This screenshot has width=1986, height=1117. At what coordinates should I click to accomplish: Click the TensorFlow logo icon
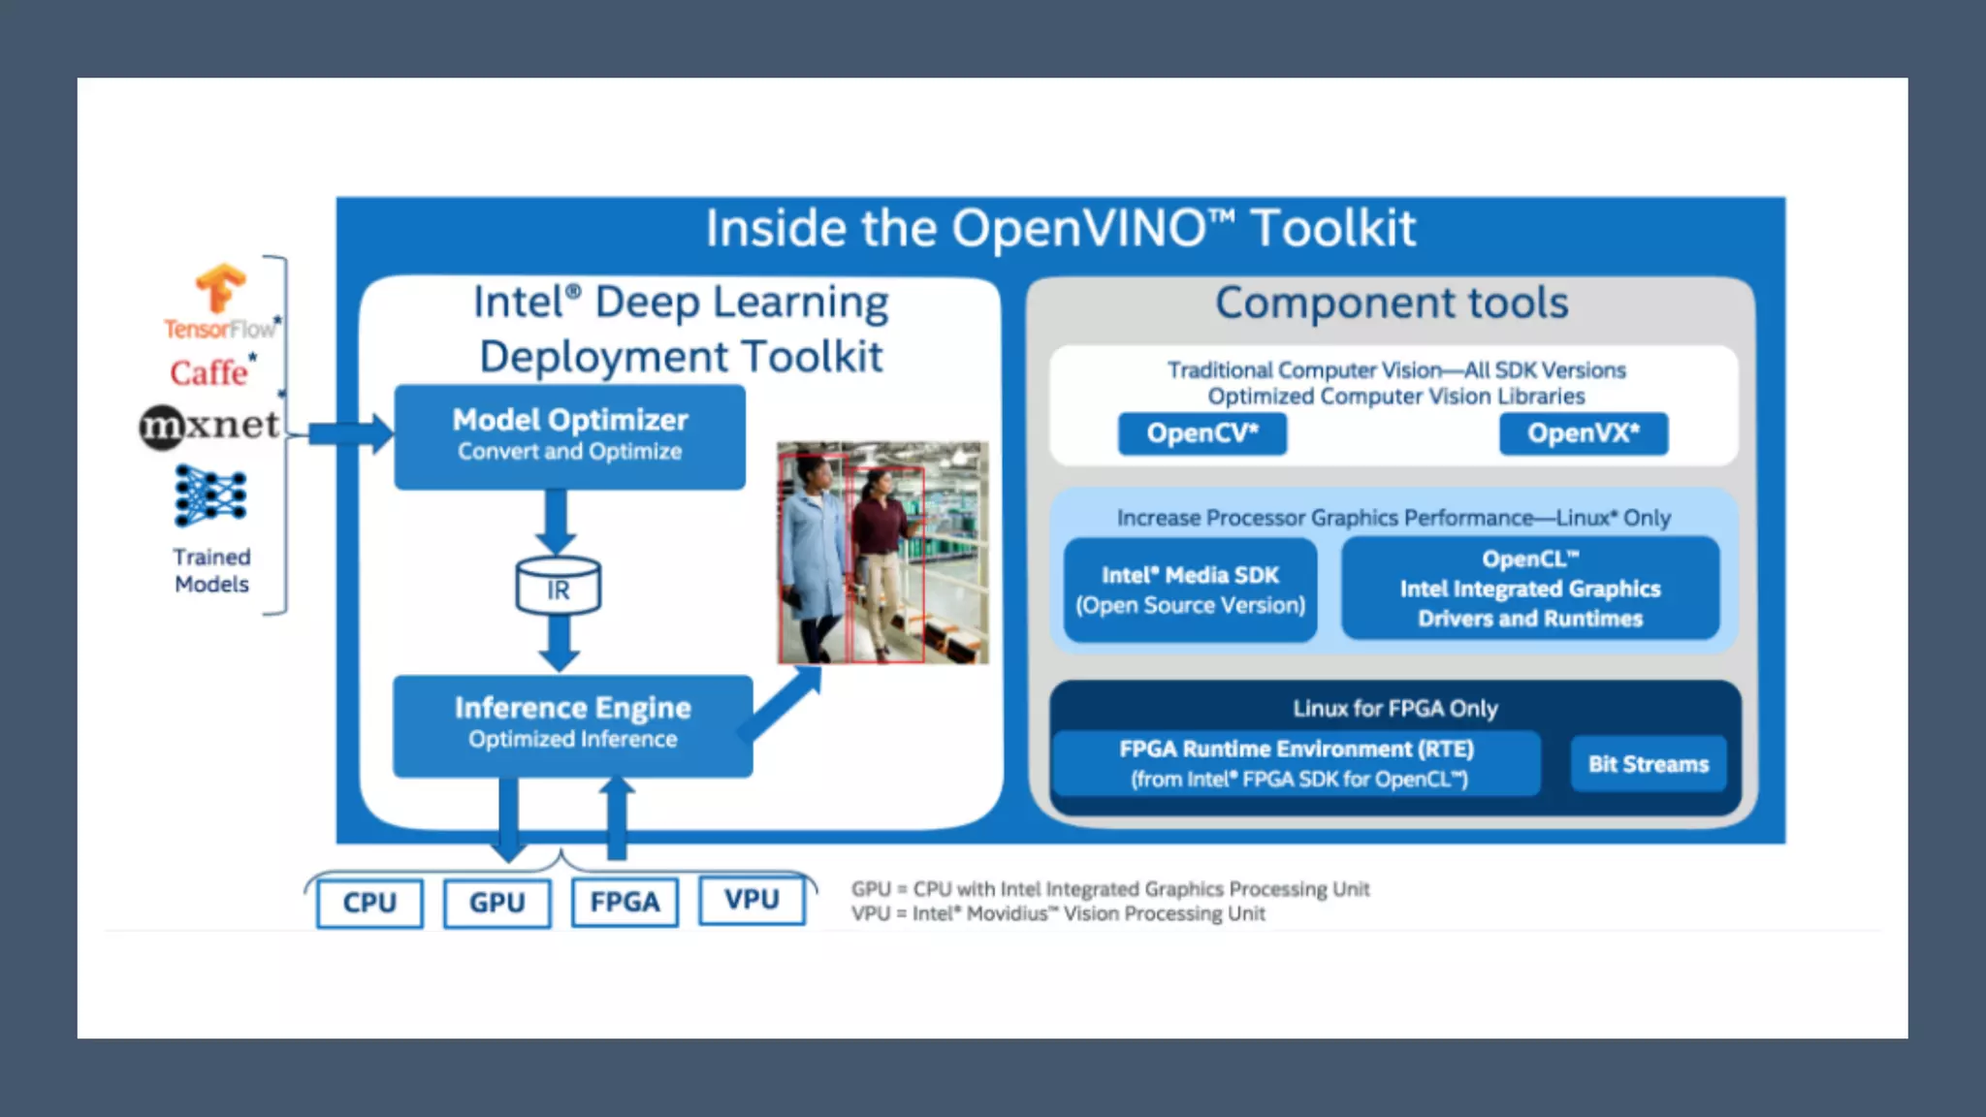tap(220, 288)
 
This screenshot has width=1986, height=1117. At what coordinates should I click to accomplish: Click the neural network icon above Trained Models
tap(210, 495)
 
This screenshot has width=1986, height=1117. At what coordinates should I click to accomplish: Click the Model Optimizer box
tap(569, 436)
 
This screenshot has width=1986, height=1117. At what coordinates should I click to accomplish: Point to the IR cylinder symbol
tap(558, 586)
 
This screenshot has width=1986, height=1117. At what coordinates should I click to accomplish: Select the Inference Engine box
tap(572, 724)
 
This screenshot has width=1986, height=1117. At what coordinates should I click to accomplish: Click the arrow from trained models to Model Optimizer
tap(349, 433)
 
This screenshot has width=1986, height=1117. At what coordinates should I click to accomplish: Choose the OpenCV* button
tap(1201, 433)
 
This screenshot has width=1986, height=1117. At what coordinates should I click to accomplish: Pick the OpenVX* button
tap(1583, 433)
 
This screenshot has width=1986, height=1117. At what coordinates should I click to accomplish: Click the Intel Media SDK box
tap(1190, 590)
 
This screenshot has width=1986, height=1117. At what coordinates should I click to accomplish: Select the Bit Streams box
tap(1648, 764)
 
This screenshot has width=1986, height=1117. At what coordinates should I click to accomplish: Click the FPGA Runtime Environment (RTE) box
tap(1296, 764)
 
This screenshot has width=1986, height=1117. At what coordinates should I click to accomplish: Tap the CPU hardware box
tap(369, 903)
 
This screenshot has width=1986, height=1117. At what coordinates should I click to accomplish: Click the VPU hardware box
tap(752, 900)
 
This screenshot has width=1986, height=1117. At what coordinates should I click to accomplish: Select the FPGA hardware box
tap(625, 903)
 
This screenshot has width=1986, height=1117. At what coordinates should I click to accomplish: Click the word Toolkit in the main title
tap(1332, 229)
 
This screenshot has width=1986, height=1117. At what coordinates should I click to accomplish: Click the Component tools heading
tap(1391, 303)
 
